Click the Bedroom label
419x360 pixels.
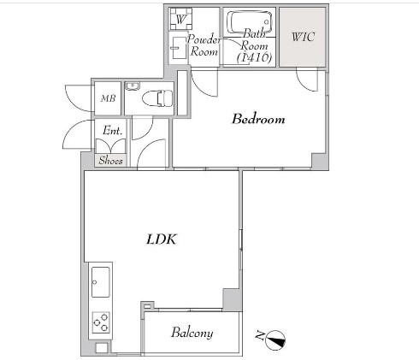(x=258, y=119)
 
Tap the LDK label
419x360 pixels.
(x=162, y=239)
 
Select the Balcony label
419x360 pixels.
(x=192, y=333)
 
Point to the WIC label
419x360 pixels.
(x=303, y=37)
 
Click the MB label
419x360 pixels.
(x=108, y=98)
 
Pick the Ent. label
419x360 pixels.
(x=112, y=131)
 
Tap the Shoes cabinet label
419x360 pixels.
(x=110, y=161)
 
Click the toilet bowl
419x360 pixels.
(x=157, y=98)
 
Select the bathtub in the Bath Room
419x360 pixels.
(x=249, y=22)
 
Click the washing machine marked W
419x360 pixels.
(x=180, y=19)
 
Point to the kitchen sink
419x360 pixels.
(x=100, y=282)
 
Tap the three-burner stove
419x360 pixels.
(x=101, y=322)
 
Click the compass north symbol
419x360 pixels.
(x=275, y=340)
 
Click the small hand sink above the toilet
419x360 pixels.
(x=133, y=86)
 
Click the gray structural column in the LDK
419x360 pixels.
(x=231, y=299)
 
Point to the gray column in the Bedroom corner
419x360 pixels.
(x=319, y=161)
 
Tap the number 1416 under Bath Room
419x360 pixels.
(x=255, y=57)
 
